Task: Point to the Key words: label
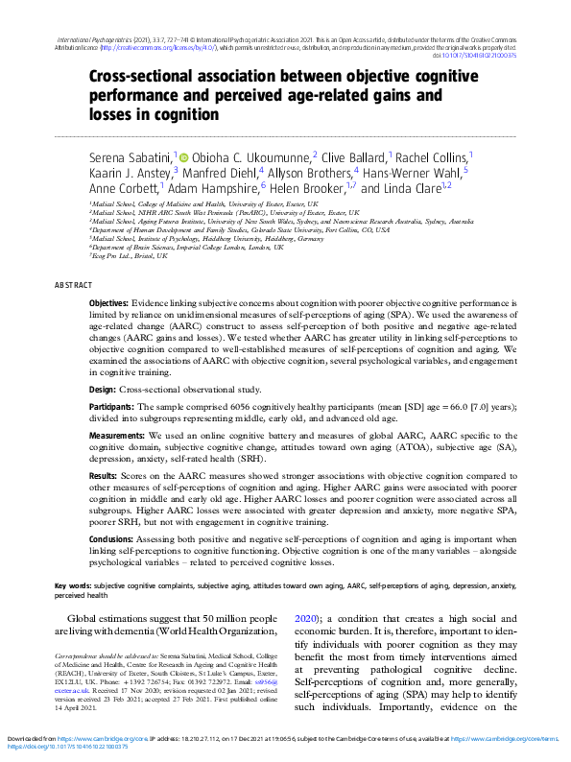(74, 584)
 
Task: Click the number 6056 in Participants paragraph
(219, 408)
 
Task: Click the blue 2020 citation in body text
(305, 619)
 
